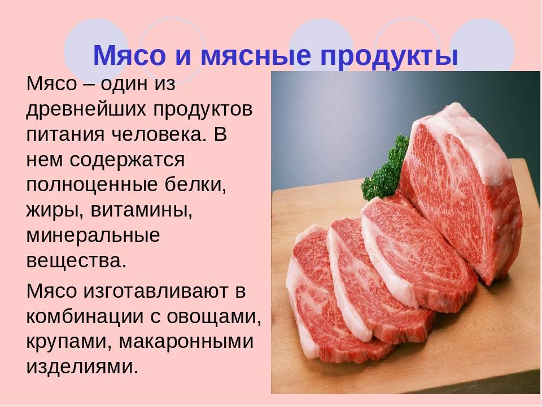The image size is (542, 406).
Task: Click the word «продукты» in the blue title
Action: [x=389, y=56]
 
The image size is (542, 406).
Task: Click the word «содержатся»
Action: [x=127, y=160]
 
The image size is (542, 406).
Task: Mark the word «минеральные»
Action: [x=93, y=236]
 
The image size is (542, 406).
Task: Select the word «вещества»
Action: [x=76, y=261]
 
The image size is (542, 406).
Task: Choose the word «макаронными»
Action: [x=186, y=342]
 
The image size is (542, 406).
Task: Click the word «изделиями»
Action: [x=82, y=367]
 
